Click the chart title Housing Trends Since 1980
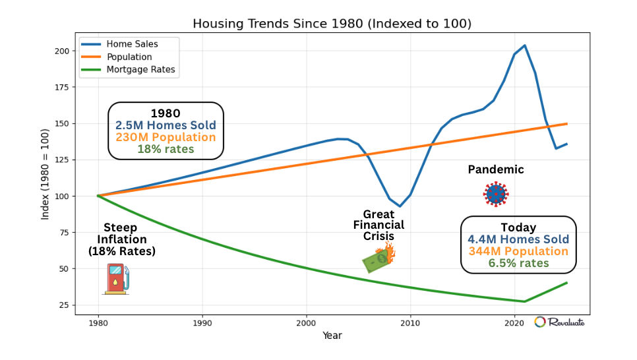coord(332,24)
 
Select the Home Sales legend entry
coord(132,44)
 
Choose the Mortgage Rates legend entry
coord(140,69)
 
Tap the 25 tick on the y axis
coord(67,305)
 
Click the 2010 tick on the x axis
coord(410,323)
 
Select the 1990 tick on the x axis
coord(202,323)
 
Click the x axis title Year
coord(332,336)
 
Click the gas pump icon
coord(117,278)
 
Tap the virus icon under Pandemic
coord(496,194)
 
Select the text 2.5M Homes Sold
coord(166,125)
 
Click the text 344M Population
coord(518,251)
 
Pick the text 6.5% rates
coord(518,263)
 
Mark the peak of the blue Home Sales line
coord(524,45)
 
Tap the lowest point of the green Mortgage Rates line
coord(524,301)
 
